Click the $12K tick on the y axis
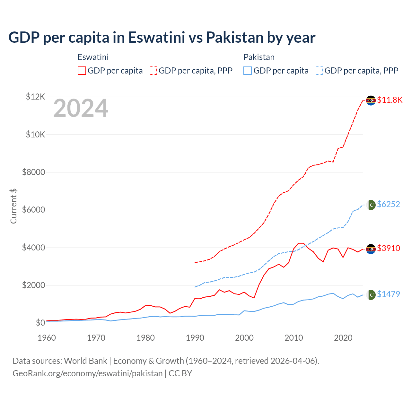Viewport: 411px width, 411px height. pyautogui.click(x=35, y=97)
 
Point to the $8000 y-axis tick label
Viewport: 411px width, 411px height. pyautogui.click(x=33, y=172)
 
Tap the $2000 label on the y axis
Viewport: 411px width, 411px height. pyautogui.click(x=33, y=285)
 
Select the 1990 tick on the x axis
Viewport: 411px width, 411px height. pyautogui.click(x=195, y=338)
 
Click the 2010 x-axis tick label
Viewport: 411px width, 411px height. pyautogui.click(x=294, y=338)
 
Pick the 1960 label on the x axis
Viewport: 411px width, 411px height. pyautogui.click(x=47, y=338)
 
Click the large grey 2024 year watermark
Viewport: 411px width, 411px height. pyautogui.click(x=81, y=109)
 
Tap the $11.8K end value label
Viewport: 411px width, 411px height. pyautogui.click(x=389, y=100)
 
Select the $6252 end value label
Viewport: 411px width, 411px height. pyautogui.click(x=389, y=204)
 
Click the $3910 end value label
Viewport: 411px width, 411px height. pyautogui.click(x=389, y=248)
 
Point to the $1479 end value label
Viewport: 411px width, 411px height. pyautogui.click(x=389, y=294)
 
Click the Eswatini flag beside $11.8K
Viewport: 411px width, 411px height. pyautogui.click(x=371, y=101)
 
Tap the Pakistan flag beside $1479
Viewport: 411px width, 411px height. pyautogui.click(x=371, y=295)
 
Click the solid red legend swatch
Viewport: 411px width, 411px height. pyautogui.click(x=82, y=71)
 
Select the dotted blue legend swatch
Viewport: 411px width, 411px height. pyautogui.click(x=319, y=71)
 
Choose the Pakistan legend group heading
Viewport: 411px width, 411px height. pyautogui.click(x=259, y=57)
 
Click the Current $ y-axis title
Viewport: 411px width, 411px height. pyautogui.click(x=13, y=206)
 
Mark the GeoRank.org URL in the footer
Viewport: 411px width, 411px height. pyautogui.click(x=87, y=373)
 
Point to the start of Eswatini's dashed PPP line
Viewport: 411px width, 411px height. pyautogui.click(x=195, y=262)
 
